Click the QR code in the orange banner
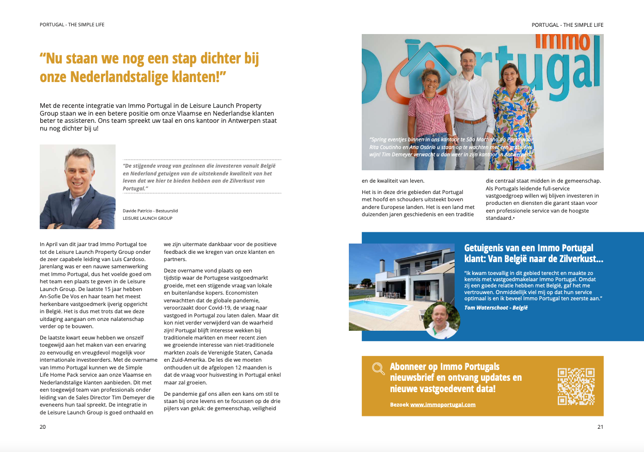[576, 386]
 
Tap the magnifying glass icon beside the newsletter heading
[378, 368]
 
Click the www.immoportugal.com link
[443, 405]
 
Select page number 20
[43, 427]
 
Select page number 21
[600, 427]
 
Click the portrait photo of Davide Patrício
[77, 187]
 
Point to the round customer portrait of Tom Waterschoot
[441, 320]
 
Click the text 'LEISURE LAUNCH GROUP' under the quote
[148, 218]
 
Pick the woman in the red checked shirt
[428, 114]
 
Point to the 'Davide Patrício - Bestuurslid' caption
[150, 211]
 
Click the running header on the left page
[72, 25]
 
